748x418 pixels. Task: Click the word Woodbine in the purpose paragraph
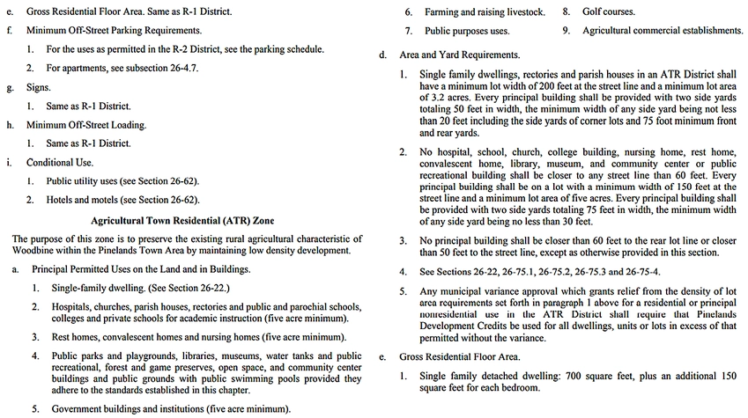click(x=35, y=251)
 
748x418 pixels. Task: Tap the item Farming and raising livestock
click(x=485, y=12)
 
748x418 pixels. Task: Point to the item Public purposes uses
click(x=467, y=31)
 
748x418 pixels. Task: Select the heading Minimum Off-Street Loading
click(x=86, y=125)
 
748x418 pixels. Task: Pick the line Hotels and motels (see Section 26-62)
click(x=122, y=200)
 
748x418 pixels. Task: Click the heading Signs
click(x=39, y=88)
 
